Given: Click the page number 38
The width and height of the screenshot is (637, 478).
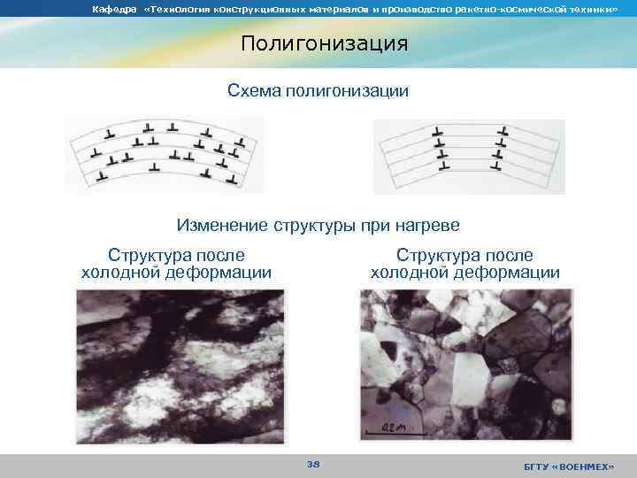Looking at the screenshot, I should [x=313, y=463].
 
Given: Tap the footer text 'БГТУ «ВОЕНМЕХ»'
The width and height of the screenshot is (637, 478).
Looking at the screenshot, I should [x=568, y=466].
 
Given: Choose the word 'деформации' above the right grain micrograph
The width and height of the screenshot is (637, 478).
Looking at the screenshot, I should [x=510, y=273].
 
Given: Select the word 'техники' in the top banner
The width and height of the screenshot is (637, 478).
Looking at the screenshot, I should [x=589, y=9].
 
